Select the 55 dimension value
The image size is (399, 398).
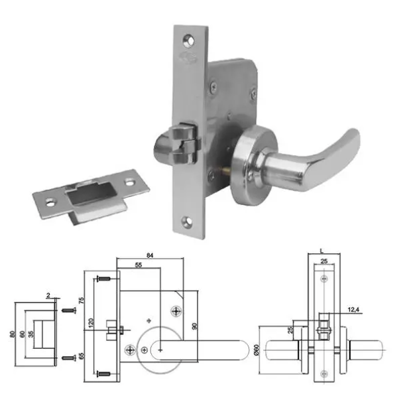pyautogui.click(x=139, y=265)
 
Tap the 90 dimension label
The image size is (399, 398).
pyautogui.click(x=194, y=326)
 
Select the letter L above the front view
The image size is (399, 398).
pyautogui.click(x=321, y=250)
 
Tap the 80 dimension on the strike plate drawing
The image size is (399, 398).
pyautogui.click(x=12, y=333)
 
